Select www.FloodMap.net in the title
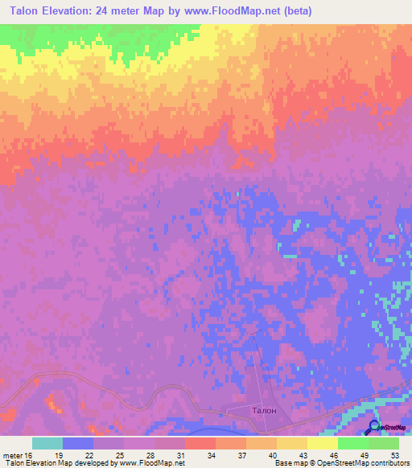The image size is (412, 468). click(x=227, y=11)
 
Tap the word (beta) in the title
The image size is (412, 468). click(x=295, y=11)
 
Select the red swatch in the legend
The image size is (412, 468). click(x=200, y=443)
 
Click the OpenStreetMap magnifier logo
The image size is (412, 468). click(x=373, y=427)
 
